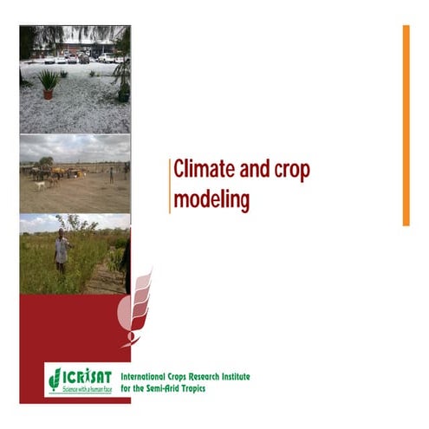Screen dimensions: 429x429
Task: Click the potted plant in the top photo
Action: pos(49,83)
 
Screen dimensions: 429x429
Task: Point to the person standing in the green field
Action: pos(61,251)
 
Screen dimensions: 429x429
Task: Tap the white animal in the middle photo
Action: pos(40,185)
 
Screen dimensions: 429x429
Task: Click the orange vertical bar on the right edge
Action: pos(405,126)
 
